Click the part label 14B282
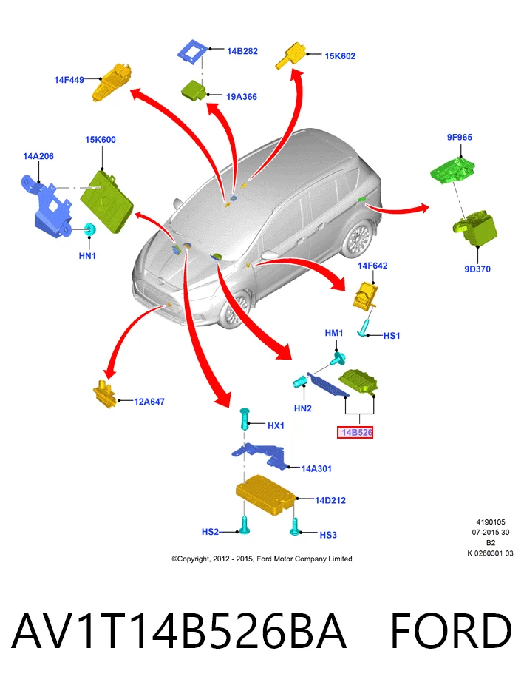(x=242, y=51)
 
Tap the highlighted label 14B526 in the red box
(x=355, y=433)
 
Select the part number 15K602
(x=340, y=56)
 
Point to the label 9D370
(x=477, y=269)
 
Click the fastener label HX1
(x=276, y=425)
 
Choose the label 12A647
(x=149, y=402)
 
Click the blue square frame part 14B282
(x=193, y=53)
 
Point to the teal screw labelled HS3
(x=295, y=527)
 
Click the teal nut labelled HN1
(x=90, y=229)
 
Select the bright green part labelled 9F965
(x=453, y=170)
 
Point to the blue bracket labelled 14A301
(x=259, y=456)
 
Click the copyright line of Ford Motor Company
(x=262, y=559)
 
